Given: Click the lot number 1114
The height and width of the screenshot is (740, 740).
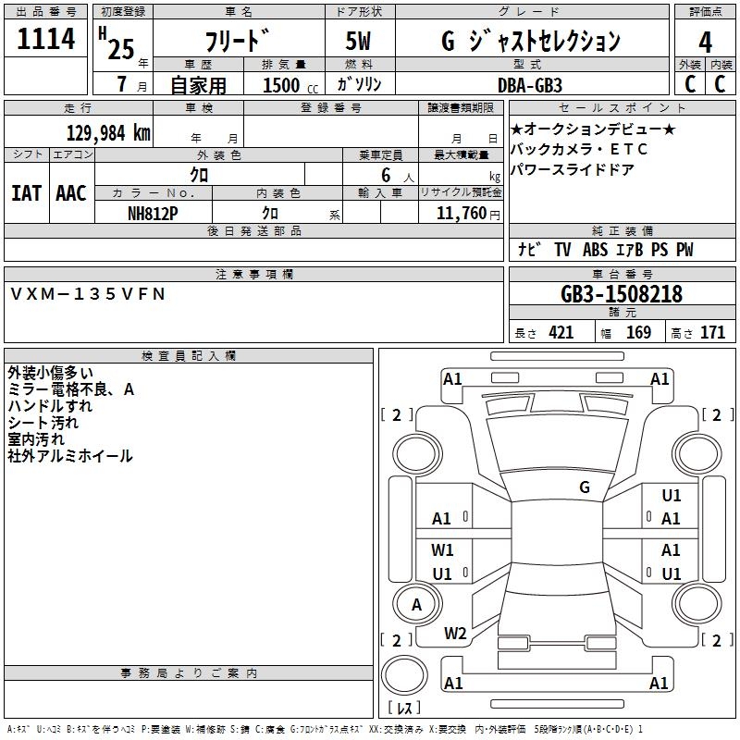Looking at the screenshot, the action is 45,38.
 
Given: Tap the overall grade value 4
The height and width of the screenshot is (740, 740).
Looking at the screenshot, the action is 705,42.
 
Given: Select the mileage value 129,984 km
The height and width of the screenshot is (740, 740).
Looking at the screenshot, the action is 108,133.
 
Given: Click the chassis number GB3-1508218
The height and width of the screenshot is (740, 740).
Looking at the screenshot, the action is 622,293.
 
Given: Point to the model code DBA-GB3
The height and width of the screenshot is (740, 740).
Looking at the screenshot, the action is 530,85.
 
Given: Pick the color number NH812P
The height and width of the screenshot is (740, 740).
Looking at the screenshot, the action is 153,214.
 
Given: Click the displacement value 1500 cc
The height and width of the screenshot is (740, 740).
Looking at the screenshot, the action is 290,85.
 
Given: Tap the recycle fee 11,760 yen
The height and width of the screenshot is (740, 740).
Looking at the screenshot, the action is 468,214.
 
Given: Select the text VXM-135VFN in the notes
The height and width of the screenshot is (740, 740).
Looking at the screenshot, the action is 88,294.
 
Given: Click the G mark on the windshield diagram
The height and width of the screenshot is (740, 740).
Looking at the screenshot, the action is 585,487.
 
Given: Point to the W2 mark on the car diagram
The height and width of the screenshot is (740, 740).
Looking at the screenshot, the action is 455,634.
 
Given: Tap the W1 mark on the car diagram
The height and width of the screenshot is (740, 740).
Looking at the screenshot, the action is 442,549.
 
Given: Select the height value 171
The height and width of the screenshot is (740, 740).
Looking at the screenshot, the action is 712,332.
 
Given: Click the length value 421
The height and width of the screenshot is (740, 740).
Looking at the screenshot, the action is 561,332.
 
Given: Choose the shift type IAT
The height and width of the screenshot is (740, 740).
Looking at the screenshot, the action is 26,193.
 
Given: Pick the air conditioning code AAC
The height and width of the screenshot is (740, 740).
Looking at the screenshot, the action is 71,193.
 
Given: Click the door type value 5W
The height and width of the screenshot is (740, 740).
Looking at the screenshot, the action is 358,41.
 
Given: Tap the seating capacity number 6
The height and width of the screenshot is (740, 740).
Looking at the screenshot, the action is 386,175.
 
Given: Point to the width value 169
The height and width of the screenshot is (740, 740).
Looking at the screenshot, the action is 638,332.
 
